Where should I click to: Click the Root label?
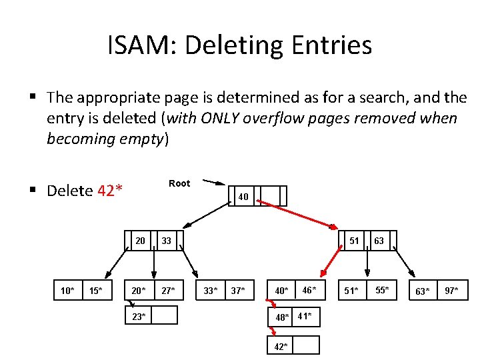(179, 183)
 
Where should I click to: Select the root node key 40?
(243, 197)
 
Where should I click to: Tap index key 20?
(140, 241)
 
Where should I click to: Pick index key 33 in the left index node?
(166, 241)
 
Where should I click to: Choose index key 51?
(354, 241)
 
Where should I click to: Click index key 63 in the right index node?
(379, 241)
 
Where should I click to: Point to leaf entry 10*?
(67, 290)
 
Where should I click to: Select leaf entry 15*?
(95, 290)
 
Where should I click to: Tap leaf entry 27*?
(167, 290)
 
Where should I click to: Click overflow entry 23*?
(139, 315)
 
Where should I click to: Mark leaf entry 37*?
(238, 290)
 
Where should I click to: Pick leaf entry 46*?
(309, 289)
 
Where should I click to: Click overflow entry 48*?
(283, 317)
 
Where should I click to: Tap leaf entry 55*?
(381, 289)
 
